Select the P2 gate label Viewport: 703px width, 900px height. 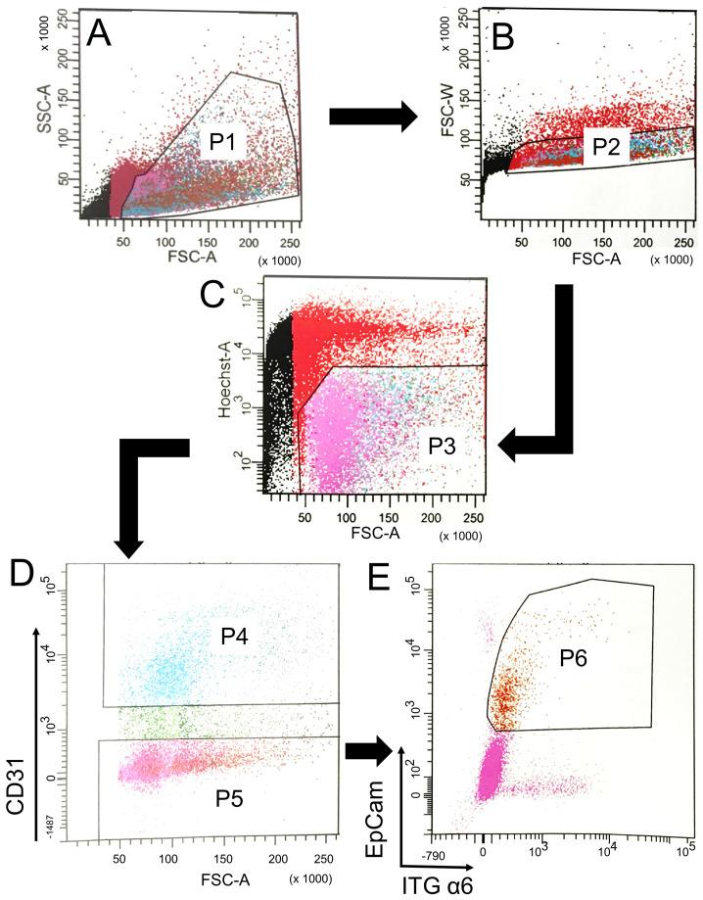coord(607,147)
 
